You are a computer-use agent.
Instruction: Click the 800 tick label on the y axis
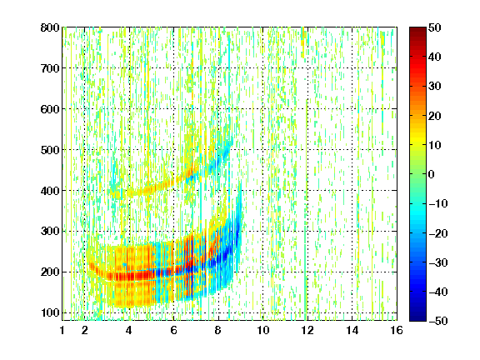coord(50,27)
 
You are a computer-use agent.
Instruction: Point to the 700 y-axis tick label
coord(50,68)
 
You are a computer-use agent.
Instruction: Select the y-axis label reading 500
coord(50,150)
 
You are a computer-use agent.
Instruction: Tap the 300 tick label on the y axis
coord(50,231)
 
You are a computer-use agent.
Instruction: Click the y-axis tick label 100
coord(50,312)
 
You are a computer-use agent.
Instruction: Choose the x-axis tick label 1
coord(62,330)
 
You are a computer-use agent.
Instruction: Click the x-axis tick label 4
coord(129,330)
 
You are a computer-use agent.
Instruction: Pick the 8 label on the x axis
coord(218,330)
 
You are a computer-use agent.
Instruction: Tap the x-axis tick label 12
coord(307,330)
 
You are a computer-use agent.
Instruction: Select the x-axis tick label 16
coord(397,330)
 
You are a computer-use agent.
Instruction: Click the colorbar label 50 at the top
coord(435,27)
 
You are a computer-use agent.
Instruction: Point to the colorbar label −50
coord(438,321)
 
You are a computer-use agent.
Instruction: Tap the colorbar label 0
coord(432,174)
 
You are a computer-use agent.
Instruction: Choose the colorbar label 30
coord(435,87)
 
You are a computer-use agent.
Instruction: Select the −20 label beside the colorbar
coord(438,233)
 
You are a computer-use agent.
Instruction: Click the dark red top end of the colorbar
coord(417,29)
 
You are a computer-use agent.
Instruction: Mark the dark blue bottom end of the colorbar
coord(417,319)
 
